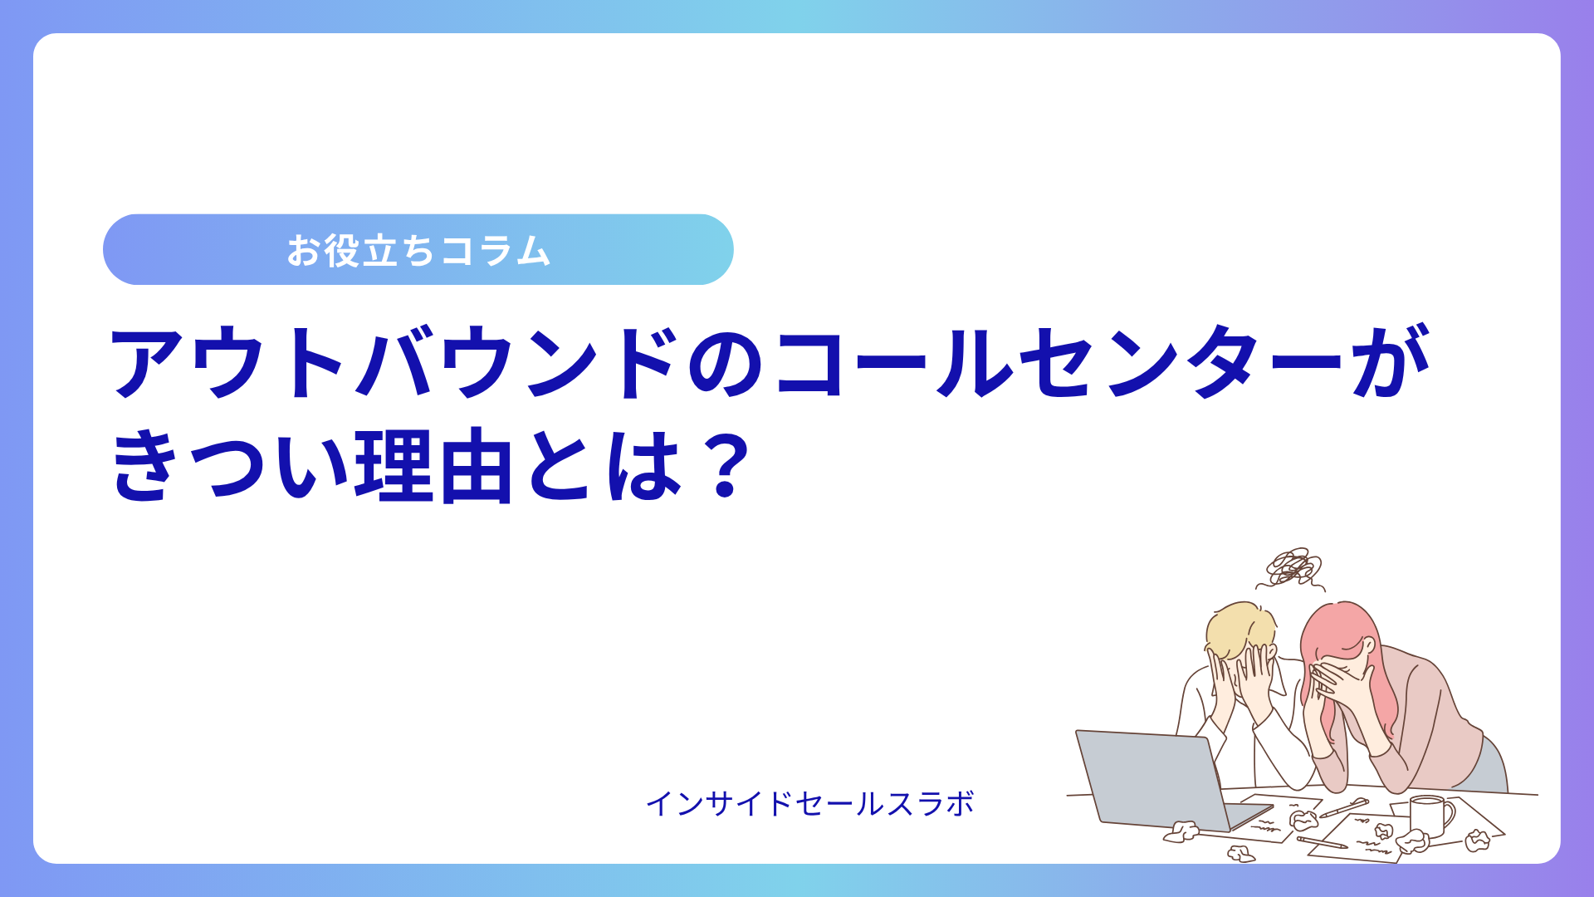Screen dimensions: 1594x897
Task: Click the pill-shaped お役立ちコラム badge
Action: [418, 249]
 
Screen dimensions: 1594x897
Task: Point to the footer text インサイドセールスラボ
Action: [809, 803]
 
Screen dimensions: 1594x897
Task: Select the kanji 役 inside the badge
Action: [342, 250]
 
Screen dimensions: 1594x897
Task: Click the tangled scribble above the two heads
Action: [1292, 568]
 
